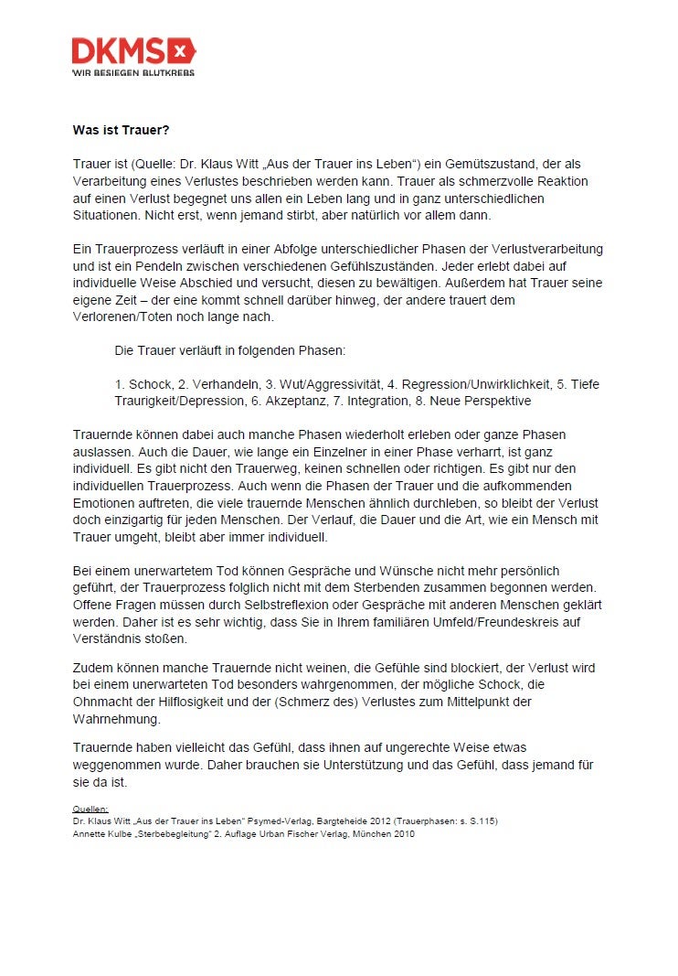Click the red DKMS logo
tap(133, 49)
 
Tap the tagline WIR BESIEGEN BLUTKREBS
tap(133, 71)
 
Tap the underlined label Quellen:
tap(90, 810)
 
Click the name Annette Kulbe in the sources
tap(96, 833)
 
